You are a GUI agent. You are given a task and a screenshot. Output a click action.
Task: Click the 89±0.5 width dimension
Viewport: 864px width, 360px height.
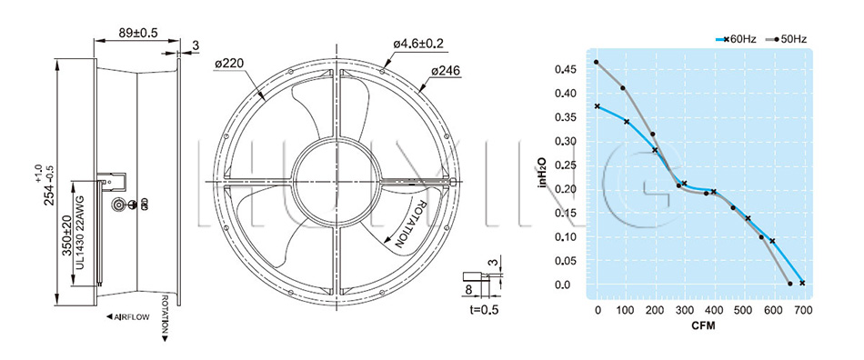click(x=137, y=33)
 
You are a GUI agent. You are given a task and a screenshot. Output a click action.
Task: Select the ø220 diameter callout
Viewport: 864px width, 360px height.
click(x=228, y=64)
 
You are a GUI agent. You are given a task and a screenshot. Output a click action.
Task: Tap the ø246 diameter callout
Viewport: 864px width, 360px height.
click(x=446, y=71)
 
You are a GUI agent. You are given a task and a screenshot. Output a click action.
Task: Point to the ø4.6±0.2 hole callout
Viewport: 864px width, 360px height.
click(x=418, y=43)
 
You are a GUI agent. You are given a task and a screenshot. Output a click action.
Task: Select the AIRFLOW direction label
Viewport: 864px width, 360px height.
click(x=127, y=317)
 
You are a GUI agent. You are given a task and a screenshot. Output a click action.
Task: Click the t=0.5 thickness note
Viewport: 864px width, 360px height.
click(x=485, y=309)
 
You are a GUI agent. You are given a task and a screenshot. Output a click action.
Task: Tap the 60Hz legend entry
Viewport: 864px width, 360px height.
click(x=736, y=39)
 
